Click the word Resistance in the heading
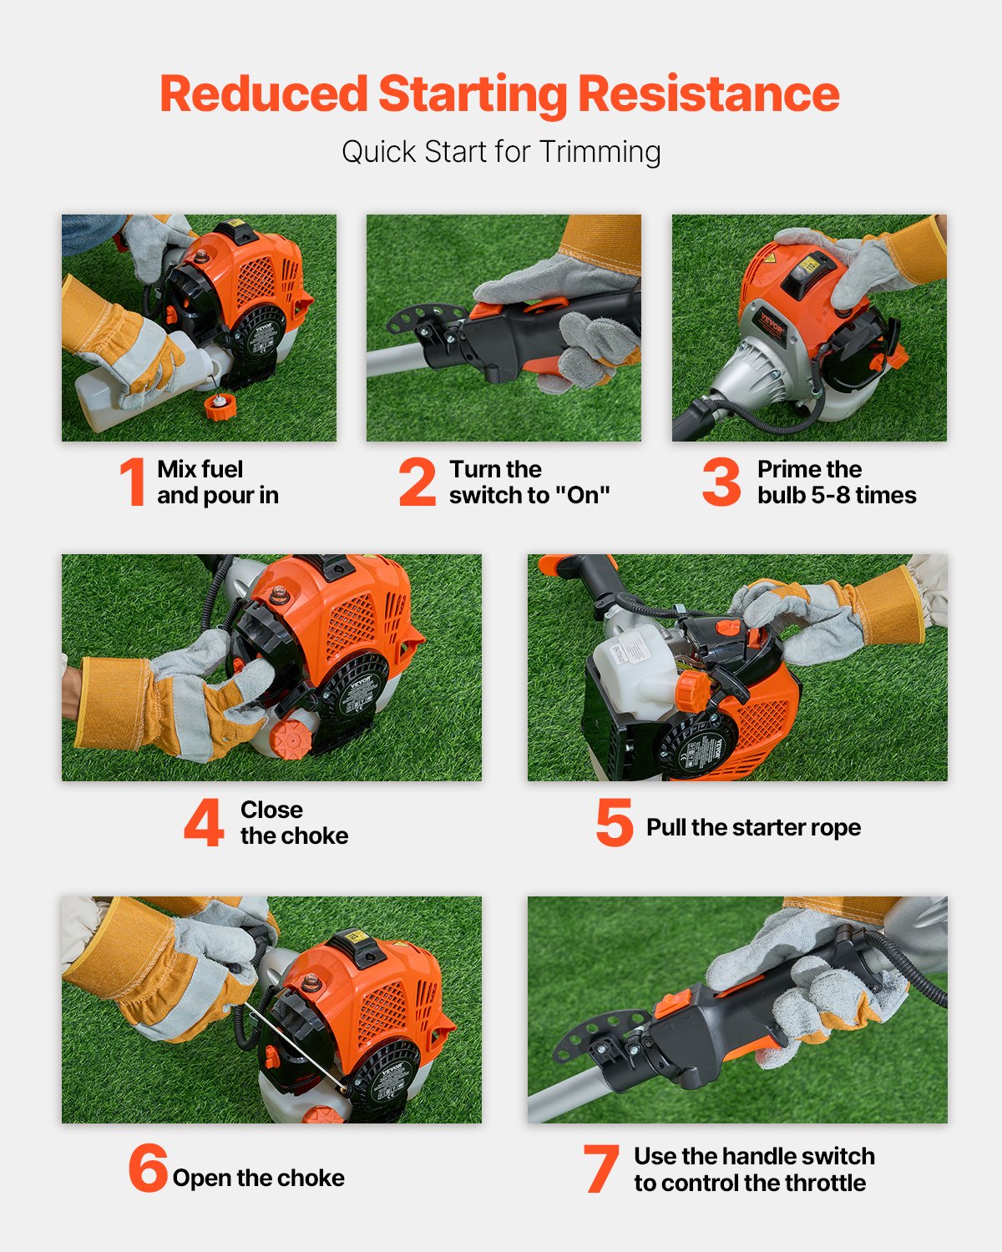point(708,93)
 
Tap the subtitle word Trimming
point(600,152)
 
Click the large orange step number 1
point(133,482)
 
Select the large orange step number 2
point(417,482)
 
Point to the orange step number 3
point(721,482)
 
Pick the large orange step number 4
point(204,822)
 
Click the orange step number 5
point(614,822)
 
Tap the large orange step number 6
point(148,1168)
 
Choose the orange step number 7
point(601,1169)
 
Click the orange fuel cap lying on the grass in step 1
point(221,408)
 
